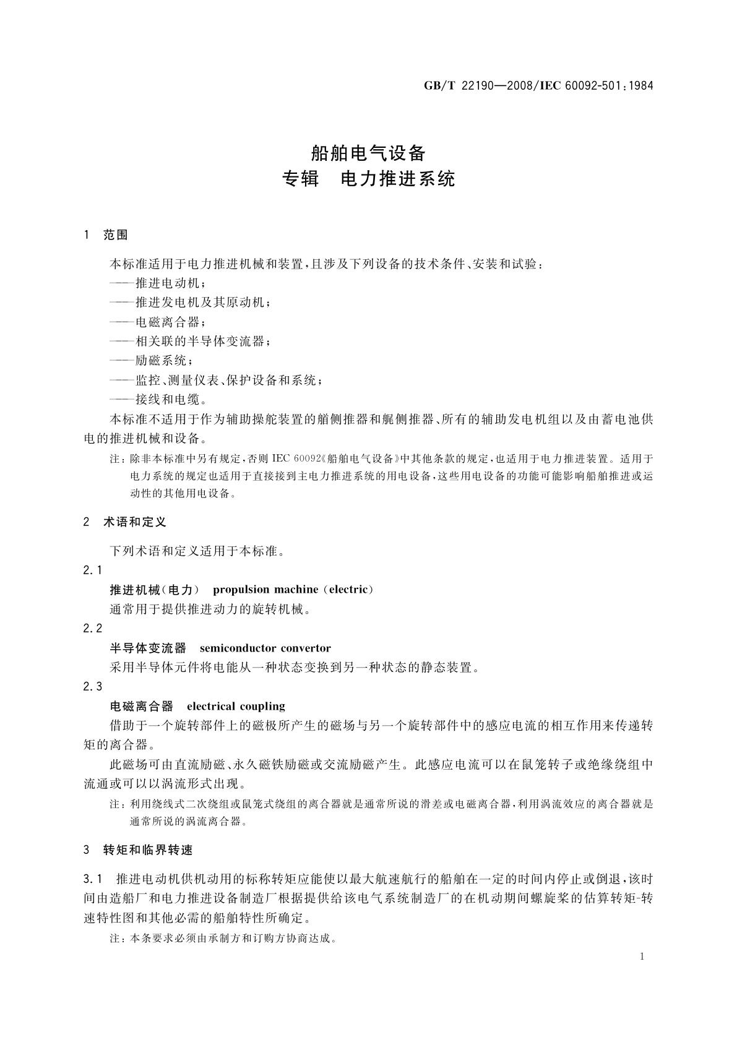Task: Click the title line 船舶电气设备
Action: (x=368, y=152)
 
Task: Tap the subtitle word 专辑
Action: (x=300, y=179)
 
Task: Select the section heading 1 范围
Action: (x=105, y=235)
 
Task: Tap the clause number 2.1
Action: (x=92, y=570)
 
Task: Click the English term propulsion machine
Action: (x=265, y=590)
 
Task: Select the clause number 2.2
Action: (x=92, y=629)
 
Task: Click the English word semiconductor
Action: (x=238, y=648)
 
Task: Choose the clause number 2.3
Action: (x=92, y=687)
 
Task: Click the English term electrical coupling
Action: (x=236, y=707)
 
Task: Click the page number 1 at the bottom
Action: (x=642, y=957)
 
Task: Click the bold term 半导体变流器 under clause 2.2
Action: (x=148, y=648)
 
